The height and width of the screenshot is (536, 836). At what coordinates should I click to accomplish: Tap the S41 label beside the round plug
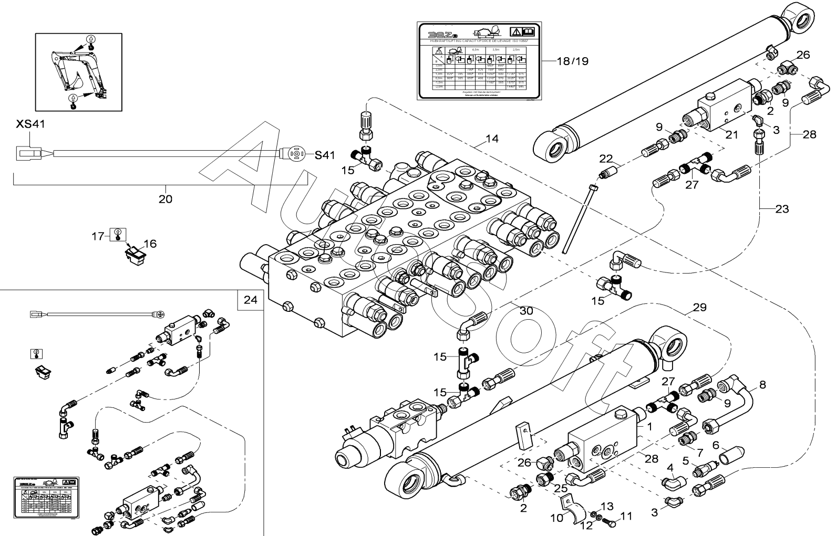tap(325, 155)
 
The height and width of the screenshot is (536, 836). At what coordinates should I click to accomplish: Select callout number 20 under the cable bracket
tap(166, 199)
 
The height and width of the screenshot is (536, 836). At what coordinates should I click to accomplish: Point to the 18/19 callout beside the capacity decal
tap(572, 61)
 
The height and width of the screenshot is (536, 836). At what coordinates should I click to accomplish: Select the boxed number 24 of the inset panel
tap(251, 300)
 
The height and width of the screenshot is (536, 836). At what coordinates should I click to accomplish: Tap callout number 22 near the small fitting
tap(606, 159)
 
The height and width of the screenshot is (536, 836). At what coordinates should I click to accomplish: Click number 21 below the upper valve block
tap(732, 135)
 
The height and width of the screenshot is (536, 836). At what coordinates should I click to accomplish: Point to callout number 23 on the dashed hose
tap(782, 209)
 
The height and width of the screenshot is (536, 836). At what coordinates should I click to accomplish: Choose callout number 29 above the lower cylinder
tap(699, 307)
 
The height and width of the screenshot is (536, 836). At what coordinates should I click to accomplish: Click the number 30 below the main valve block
tap(526, 311)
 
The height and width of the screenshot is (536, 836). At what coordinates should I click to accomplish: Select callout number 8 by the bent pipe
tap(762, 385)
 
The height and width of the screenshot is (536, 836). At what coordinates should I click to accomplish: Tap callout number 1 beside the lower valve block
tap(649, 427)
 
